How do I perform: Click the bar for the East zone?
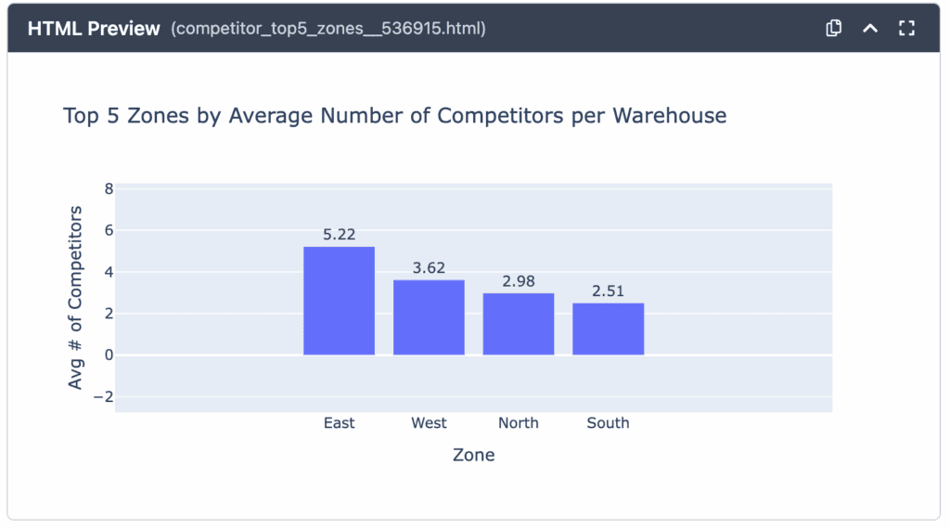point(339,301)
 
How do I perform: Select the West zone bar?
point(429,317)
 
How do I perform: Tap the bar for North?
point(519,324)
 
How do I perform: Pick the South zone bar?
point(608,329)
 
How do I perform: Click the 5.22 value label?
point(340,235)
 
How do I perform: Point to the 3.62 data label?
point(429,268)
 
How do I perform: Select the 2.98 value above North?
point(519,281)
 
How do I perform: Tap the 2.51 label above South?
point(608,291)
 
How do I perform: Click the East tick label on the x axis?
point(340,423)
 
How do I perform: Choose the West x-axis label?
point(429,423)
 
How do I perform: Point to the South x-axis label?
point(608,423)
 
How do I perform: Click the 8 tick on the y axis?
point(109,188)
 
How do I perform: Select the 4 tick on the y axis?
point(109,272)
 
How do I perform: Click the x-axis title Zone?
point(473,456)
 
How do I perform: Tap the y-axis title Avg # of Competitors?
point(76,298)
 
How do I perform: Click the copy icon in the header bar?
point(833,28)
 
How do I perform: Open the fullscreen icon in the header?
point(906,28)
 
